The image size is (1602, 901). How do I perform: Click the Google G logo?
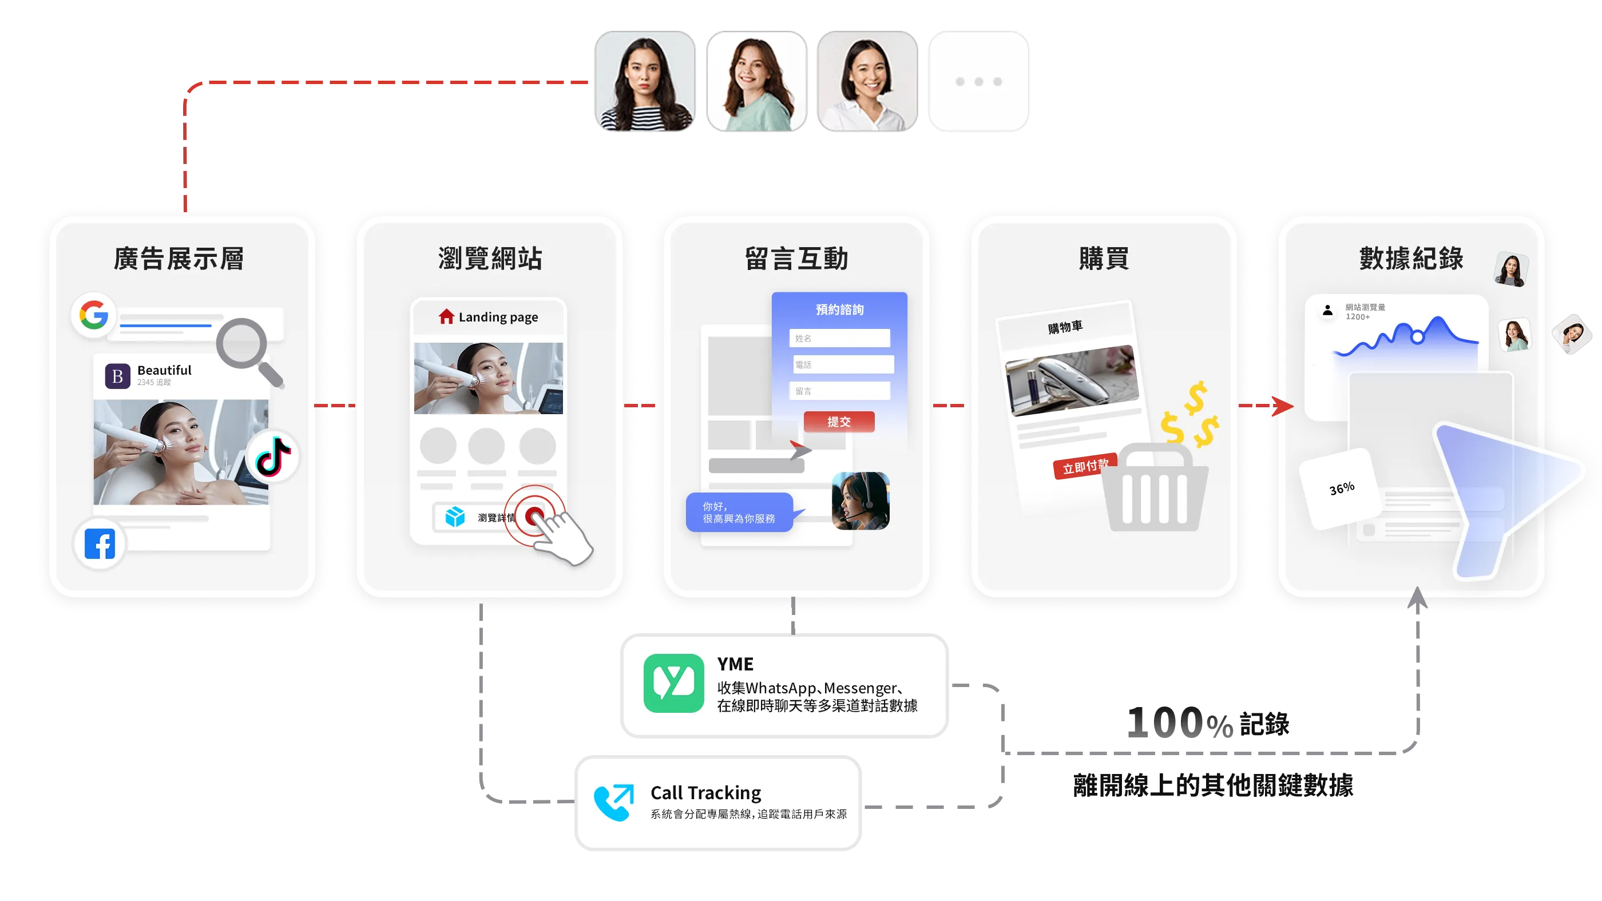coord(94,315)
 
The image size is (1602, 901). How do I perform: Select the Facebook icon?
coord(100,544)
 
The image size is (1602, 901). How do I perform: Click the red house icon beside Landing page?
coord(446,317)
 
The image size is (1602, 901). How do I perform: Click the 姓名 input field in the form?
coord(839,338)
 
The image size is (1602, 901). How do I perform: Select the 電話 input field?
coord(843,364)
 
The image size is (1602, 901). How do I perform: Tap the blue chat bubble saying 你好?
coord(739,513)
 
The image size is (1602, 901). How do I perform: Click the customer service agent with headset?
coord(861,501)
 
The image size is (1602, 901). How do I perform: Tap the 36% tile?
coord(1342,489)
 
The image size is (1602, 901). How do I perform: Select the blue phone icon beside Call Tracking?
coord(613,802)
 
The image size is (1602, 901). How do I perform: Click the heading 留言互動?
coord(796,259)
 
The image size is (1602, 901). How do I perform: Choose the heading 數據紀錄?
coord(1411,259)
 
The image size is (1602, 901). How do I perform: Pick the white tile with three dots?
coord(978,81)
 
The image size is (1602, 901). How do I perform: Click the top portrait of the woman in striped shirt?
coord(644,81)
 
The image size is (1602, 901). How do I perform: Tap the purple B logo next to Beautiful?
coord(117,376)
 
